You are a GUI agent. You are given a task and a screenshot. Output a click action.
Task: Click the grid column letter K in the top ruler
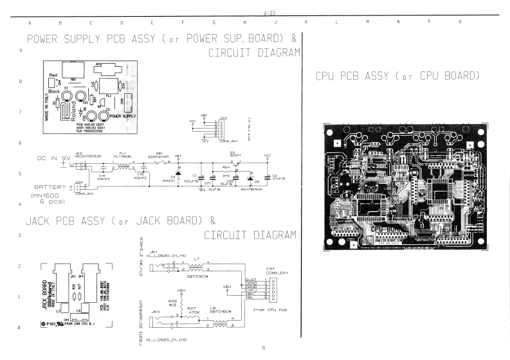(305, 22)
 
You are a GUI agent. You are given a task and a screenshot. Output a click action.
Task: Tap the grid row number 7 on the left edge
(22, 112)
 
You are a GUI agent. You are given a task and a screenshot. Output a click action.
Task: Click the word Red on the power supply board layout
(53, 76)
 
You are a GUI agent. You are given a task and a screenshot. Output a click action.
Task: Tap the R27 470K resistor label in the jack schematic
(192, 310)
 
